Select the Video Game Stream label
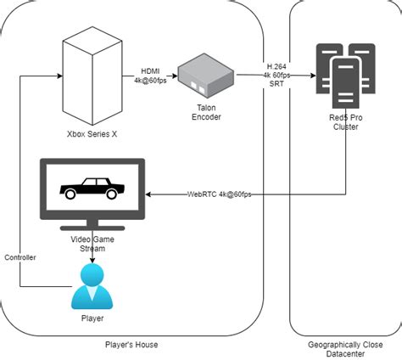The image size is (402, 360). click(92, 245)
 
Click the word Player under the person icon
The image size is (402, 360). click(92, 318)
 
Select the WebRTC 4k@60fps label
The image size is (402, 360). click(219, 194)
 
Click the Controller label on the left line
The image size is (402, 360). click(20, 256)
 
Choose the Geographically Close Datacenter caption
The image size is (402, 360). click(345, 348)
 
